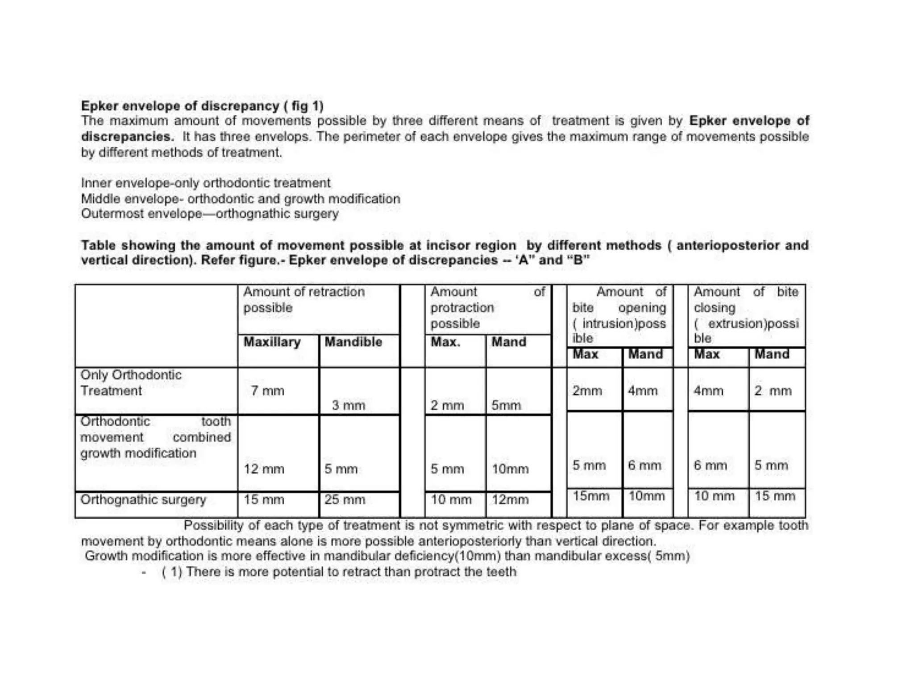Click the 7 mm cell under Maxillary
pos(267,391)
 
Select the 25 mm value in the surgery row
pos(345,499)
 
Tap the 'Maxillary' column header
pos(272,342)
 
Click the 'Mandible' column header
pos(353,342)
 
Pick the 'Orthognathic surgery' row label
pos(143,499)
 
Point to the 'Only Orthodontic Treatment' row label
pos(131,383)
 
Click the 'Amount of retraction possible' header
pos(303,299)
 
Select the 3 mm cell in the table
pos(348,405)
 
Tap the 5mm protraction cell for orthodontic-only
pos(506,405)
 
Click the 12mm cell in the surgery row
pos(510,499)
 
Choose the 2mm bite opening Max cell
pos(587,391)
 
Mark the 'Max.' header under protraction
pos(445,342)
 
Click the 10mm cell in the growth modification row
pos(510,469)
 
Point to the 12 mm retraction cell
pos(264,469)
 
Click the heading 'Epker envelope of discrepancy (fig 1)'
pos(202,106)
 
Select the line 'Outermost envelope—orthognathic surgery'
pos(210,214)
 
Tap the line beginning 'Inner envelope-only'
pos(205,183)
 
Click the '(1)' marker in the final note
pos(172,572)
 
